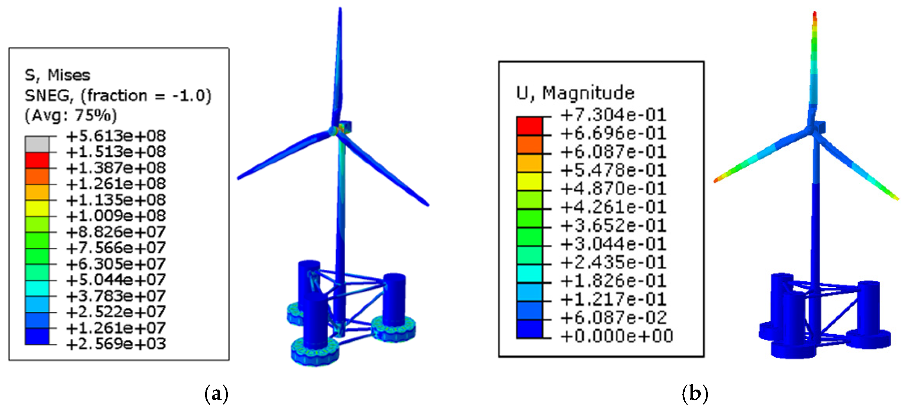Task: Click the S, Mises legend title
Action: [57, 75]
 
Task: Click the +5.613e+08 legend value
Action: [115, 136]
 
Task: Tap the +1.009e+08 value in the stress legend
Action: [115, 216]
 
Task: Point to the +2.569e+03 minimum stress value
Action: [115, 344]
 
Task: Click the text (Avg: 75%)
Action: [70, 115]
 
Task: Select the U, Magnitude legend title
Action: [575, 93]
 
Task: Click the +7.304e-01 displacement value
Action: [613, 115]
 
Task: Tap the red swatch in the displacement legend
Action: [529, 126]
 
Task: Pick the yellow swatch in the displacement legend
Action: [529, 181]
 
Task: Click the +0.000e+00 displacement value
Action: [617, 336]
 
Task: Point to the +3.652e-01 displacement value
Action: [613, 226]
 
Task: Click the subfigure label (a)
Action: [216, 393]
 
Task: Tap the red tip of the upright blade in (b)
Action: [814, 16]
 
